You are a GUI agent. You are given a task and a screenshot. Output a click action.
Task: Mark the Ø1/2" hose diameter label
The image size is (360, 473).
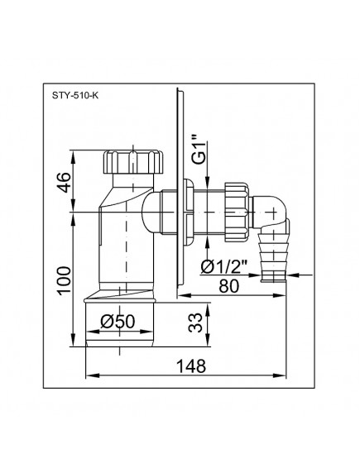tap(225, 266)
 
